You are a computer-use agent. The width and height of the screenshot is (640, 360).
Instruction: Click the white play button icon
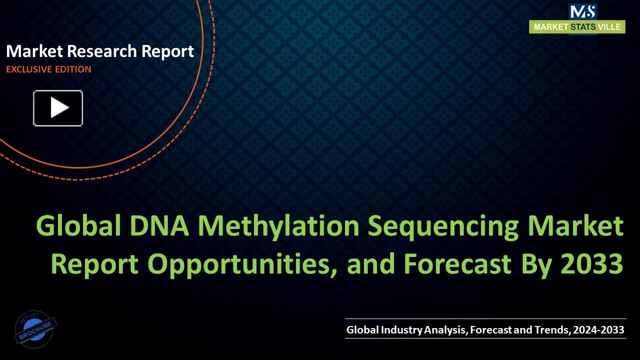(x=58, y=108)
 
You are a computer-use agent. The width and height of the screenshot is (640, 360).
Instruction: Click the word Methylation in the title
(x=278, y=226)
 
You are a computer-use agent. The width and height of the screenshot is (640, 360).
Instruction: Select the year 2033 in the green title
(x=592, y=263)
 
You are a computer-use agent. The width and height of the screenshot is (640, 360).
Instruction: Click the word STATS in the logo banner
(x=582, y=27)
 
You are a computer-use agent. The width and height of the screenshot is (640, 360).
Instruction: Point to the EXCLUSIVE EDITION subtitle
(x=48, y=69)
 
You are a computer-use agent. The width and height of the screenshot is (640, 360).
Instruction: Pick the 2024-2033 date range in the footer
(x=598, y=329)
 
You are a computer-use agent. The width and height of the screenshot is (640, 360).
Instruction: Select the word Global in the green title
(x=78, y=226)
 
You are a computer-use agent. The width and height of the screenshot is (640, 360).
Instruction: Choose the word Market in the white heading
(x=34, y=51)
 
